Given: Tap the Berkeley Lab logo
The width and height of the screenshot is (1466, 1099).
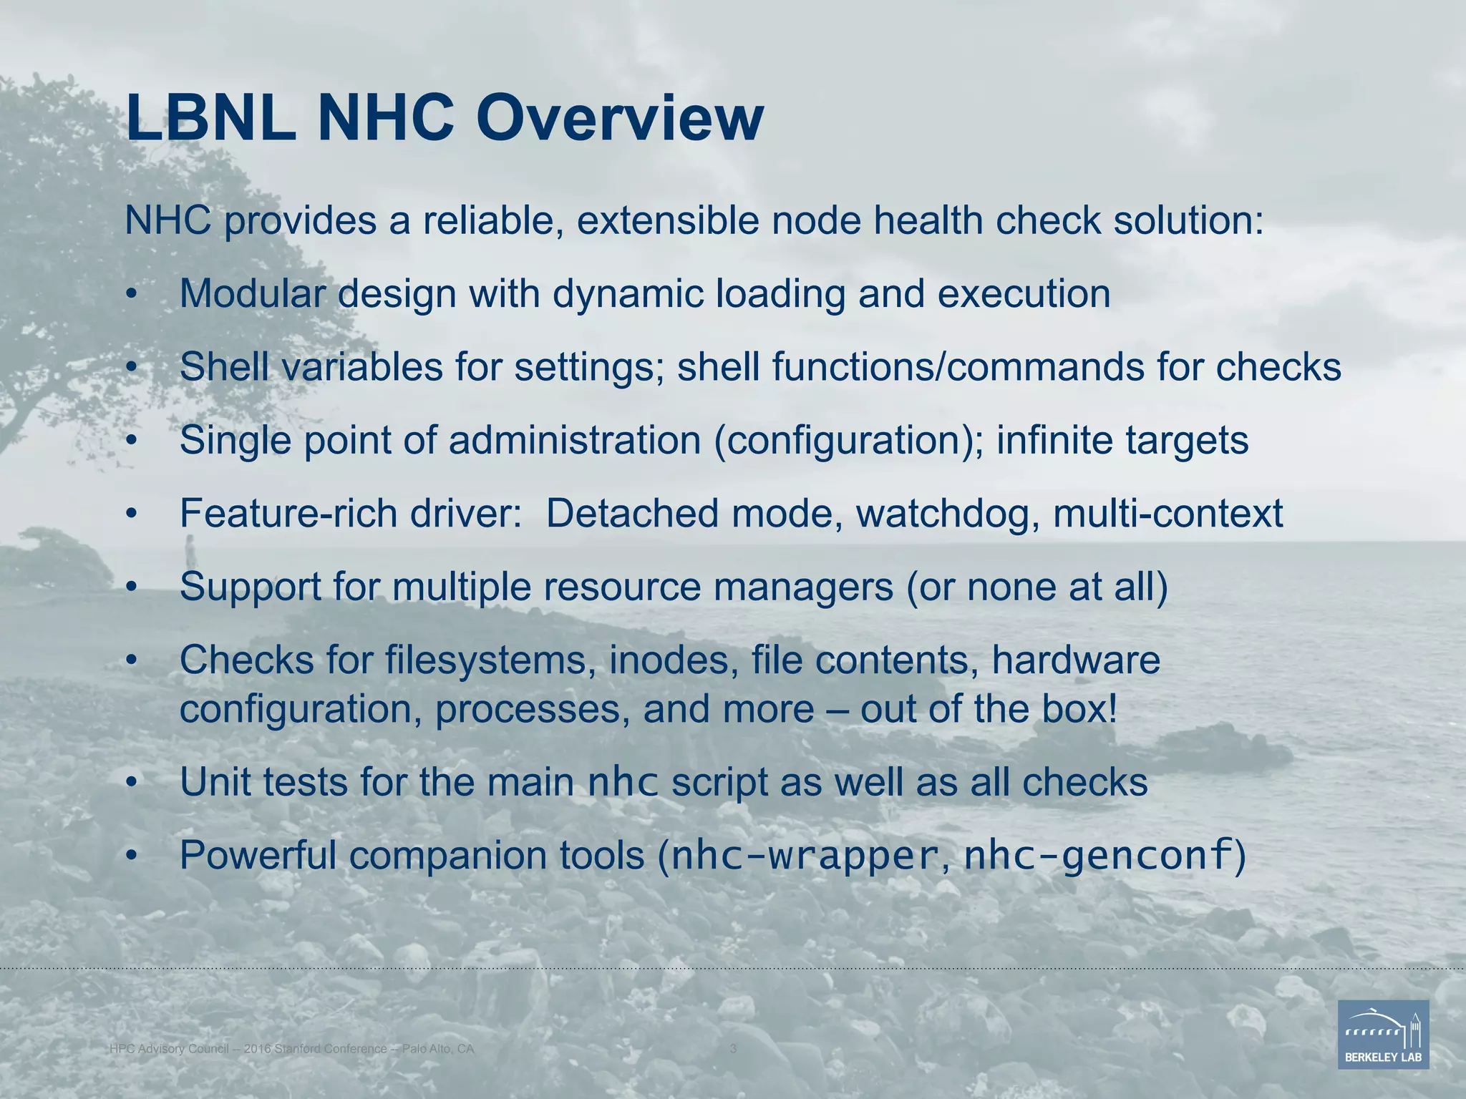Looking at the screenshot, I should pos(1383,1034).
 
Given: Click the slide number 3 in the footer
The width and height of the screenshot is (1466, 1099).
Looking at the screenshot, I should pos(732,1049).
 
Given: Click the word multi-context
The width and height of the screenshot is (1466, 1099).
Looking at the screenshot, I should pos(1168,513).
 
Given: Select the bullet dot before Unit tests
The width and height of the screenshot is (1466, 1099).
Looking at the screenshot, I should pos(130,783).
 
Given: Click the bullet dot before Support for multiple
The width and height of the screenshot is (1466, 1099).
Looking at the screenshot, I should pos(130,587).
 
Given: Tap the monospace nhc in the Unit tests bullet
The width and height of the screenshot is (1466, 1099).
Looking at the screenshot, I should pos(622,783).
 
